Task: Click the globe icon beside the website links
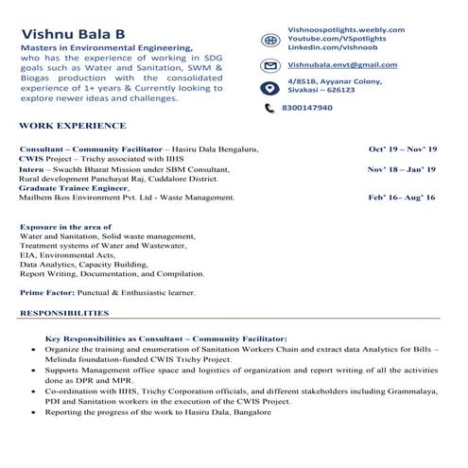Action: pyautogui.click(x=269, y=38)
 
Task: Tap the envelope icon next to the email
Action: pyautogui.click(x=269, y=66)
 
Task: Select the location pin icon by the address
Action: pyautogui.click(x=269, y=88)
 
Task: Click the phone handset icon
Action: pyautogui.click(x=269, y=109)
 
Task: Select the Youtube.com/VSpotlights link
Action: pyautogui.click(x=338, y=38)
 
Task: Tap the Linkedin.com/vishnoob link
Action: pyautogui.click(x=332, y=46)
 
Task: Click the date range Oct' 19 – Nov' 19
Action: pyautogui.click(x=402, y=149)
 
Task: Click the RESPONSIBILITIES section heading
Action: pyautogui.click(x=64, y=312)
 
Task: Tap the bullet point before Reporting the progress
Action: pyautogui.click(x=35, y=413)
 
